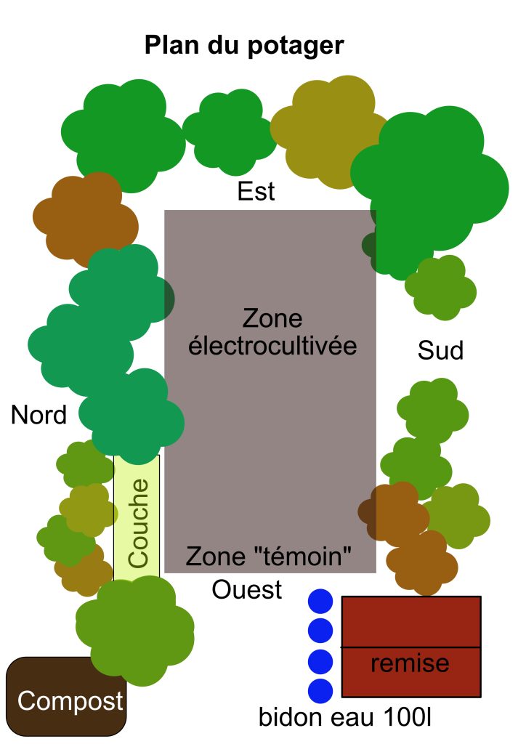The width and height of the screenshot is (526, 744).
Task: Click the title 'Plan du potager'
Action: click(244, 46)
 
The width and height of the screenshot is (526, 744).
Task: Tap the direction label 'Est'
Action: click(256, 192)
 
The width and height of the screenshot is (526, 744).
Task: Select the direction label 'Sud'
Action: click(440, 351)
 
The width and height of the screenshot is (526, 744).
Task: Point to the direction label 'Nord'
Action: click(39, 415)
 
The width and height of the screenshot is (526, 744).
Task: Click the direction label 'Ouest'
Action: click(247, 589)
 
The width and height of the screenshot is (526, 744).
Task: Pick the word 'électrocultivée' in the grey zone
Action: click(272, 346)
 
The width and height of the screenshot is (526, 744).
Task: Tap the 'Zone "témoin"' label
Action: click(269, 557)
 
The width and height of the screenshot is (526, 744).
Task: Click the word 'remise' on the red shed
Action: click(410, 663)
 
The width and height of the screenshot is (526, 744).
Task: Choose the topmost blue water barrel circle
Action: click(320, 602)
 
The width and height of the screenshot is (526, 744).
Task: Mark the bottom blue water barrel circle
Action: click(320, 690)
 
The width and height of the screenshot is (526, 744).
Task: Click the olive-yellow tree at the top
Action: click(327, 131)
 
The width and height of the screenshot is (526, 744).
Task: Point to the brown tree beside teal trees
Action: click(84, 218)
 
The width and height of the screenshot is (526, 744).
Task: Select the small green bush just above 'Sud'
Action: click(440, 287)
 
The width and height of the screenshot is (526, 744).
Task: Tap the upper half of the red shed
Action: click(411, 621)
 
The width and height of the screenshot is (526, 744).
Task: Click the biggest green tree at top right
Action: click(432, 178)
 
